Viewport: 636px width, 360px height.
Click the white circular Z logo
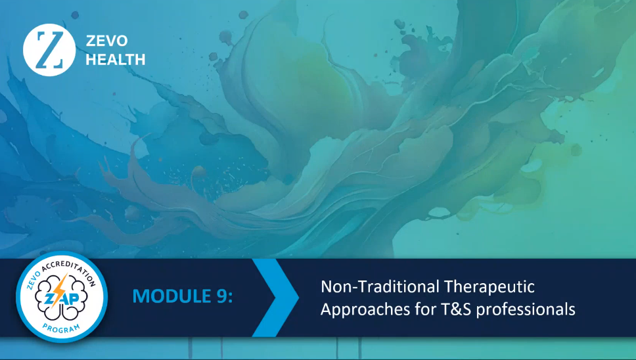(49, 50)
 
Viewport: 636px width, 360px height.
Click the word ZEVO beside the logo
(107, 41)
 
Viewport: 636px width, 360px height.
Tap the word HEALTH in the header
(116, 60)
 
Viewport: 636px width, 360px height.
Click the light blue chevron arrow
(276, 298)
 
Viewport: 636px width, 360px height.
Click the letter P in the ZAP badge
(74, 299)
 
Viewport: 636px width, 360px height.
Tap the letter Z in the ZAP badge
(48, 299)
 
